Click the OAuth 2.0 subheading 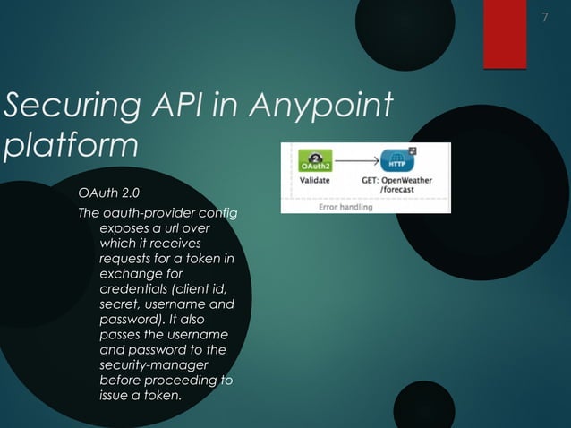pyautogui.click(x=108, y=193)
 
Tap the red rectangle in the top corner pyautogui.click(x=505, y=34)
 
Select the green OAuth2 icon pyautogui.click(x=313, y=161)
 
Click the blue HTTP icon pyautogui.click(x=396, y=160)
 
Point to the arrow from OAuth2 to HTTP pyautogui.click(x=355, y=161)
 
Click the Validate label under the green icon pyautogui.click(x=313, y=180)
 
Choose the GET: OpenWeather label pyautogui.click(x=396, y=180)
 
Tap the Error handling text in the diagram pyautogui.click(x=345, y=206)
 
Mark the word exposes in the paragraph pyautogui.click(x=123, y=229)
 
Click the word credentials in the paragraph pyautogui.click(x=134, y=288)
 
